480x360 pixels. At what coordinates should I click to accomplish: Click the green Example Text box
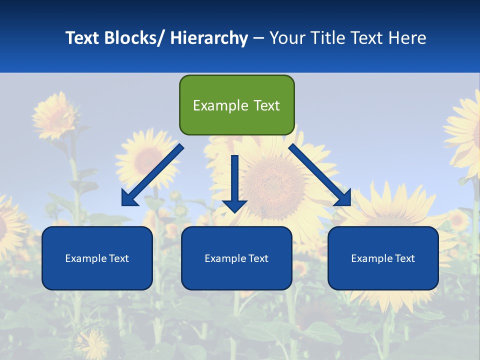point(236,105)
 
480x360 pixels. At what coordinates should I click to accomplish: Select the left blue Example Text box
point(97,258)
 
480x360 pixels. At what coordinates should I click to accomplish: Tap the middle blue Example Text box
point(236,258)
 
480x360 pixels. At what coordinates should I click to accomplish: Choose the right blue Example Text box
point(383,258)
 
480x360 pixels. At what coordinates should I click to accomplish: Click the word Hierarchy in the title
point(209,38)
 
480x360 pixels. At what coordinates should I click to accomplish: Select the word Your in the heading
point(286,38)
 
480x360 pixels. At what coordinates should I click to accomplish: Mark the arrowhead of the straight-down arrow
point(234,205)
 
